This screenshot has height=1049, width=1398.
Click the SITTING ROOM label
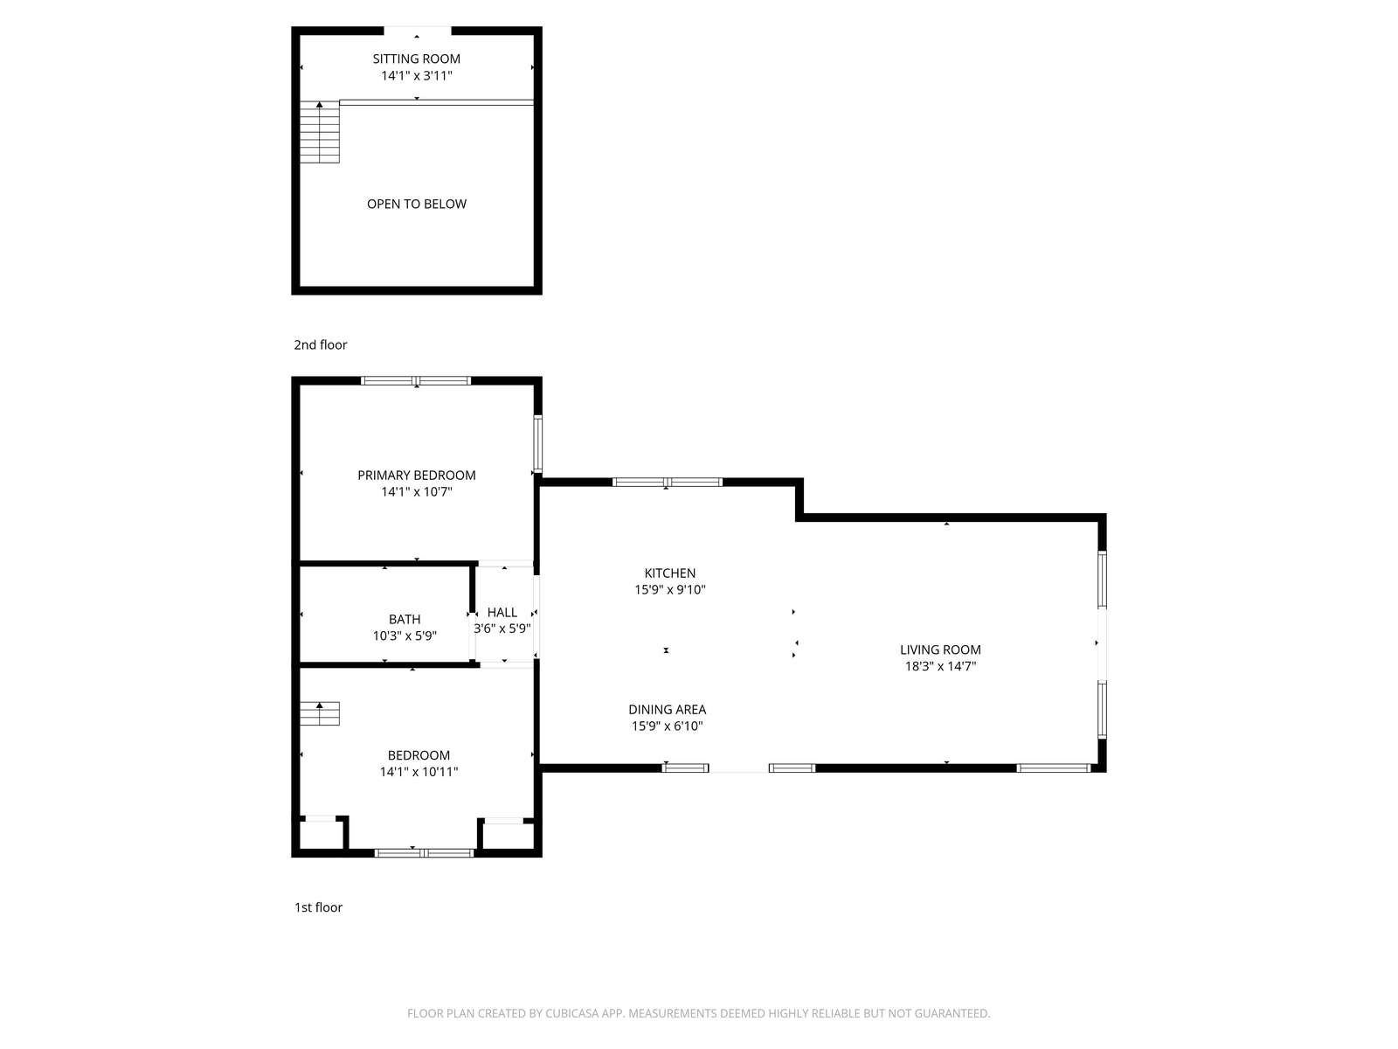[416, 59]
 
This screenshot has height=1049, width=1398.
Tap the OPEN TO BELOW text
[417, 204]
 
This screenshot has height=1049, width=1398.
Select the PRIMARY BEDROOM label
[417, 476]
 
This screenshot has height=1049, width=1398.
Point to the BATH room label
[405, 619]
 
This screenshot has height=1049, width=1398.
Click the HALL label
[502, 612]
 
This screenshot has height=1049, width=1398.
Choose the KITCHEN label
[670, 573]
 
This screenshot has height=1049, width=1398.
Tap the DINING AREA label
[667, 710]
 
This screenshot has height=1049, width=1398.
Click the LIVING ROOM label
[940, 650]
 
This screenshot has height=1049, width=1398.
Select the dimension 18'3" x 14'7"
[940, 666]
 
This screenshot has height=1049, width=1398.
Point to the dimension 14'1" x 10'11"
[419, 772]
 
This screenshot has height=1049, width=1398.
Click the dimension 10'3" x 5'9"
[405, 636]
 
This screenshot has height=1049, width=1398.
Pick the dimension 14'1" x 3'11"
[417, 76]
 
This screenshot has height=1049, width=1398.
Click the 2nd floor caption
[321, 344]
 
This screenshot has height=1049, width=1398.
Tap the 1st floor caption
[318, 907]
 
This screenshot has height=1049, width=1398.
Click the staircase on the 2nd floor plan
[320, 132]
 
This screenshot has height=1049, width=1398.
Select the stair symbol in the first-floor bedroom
[320, 713]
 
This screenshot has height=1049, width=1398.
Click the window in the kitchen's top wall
[667, 483]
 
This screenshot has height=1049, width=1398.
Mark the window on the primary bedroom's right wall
[538, 443]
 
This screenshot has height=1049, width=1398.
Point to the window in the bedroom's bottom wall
[424, 853]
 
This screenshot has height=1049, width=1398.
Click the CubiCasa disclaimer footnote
[699, 1013]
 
